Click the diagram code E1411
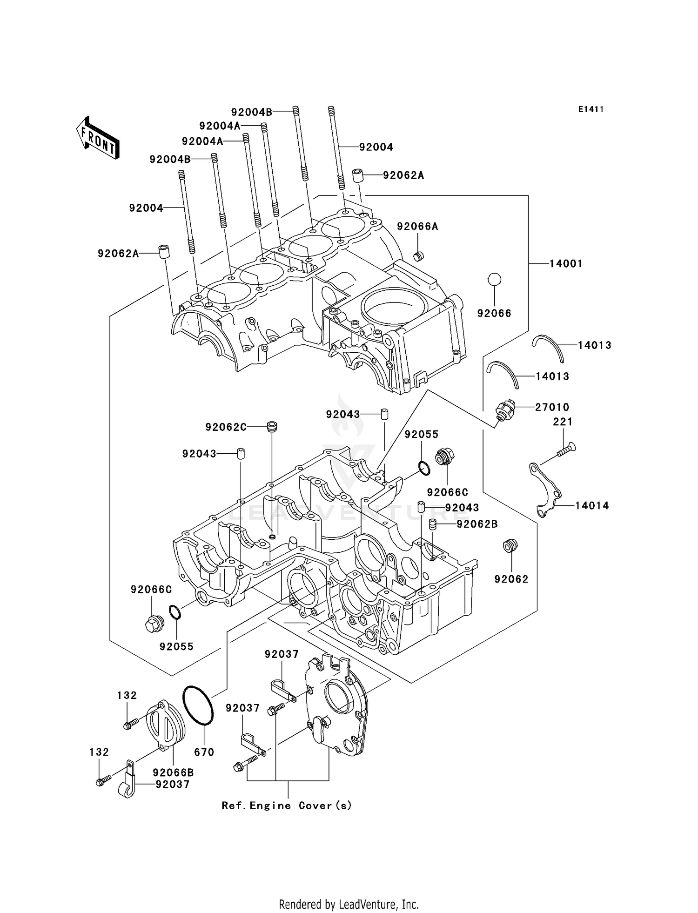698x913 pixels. [591, 109]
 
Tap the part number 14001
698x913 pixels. [566, 263]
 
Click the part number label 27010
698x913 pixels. [552, 407]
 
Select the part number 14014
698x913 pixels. [592, 505]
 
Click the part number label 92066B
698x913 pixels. [173, 772]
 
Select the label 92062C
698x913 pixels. [226, 427]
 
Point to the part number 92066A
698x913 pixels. [417, 227]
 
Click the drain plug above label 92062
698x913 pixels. [510, 545]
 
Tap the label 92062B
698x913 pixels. [477, 524]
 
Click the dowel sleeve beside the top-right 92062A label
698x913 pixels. [357, 176]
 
